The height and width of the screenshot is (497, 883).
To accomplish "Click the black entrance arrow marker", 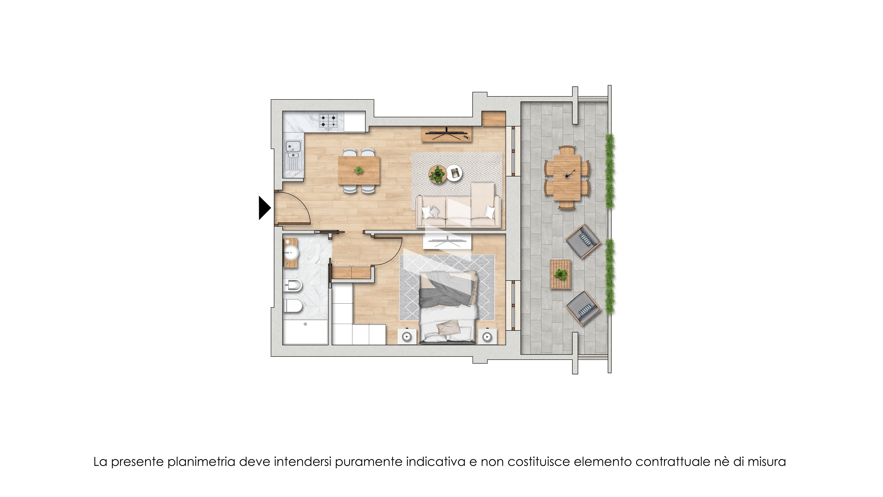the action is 265,207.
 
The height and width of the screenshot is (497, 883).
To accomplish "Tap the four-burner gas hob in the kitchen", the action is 328,122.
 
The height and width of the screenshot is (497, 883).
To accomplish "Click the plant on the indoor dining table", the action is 359,170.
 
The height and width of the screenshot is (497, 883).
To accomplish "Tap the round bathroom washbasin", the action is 291,253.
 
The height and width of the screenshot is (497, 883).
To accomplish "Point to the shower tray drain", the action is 305,324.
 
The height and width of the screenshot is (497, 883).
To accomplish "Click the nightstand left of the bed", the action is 407,336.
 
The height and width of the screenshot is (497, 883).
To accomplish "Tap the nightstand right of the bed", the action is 487,336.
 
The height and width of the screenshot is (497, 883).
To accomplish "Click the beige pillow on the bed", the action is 448,328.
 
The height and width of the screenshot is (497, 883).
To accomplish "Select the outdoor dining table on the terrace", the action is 566,177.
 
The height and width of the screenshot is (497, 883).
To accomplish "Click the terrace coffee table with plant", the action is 560,274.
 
